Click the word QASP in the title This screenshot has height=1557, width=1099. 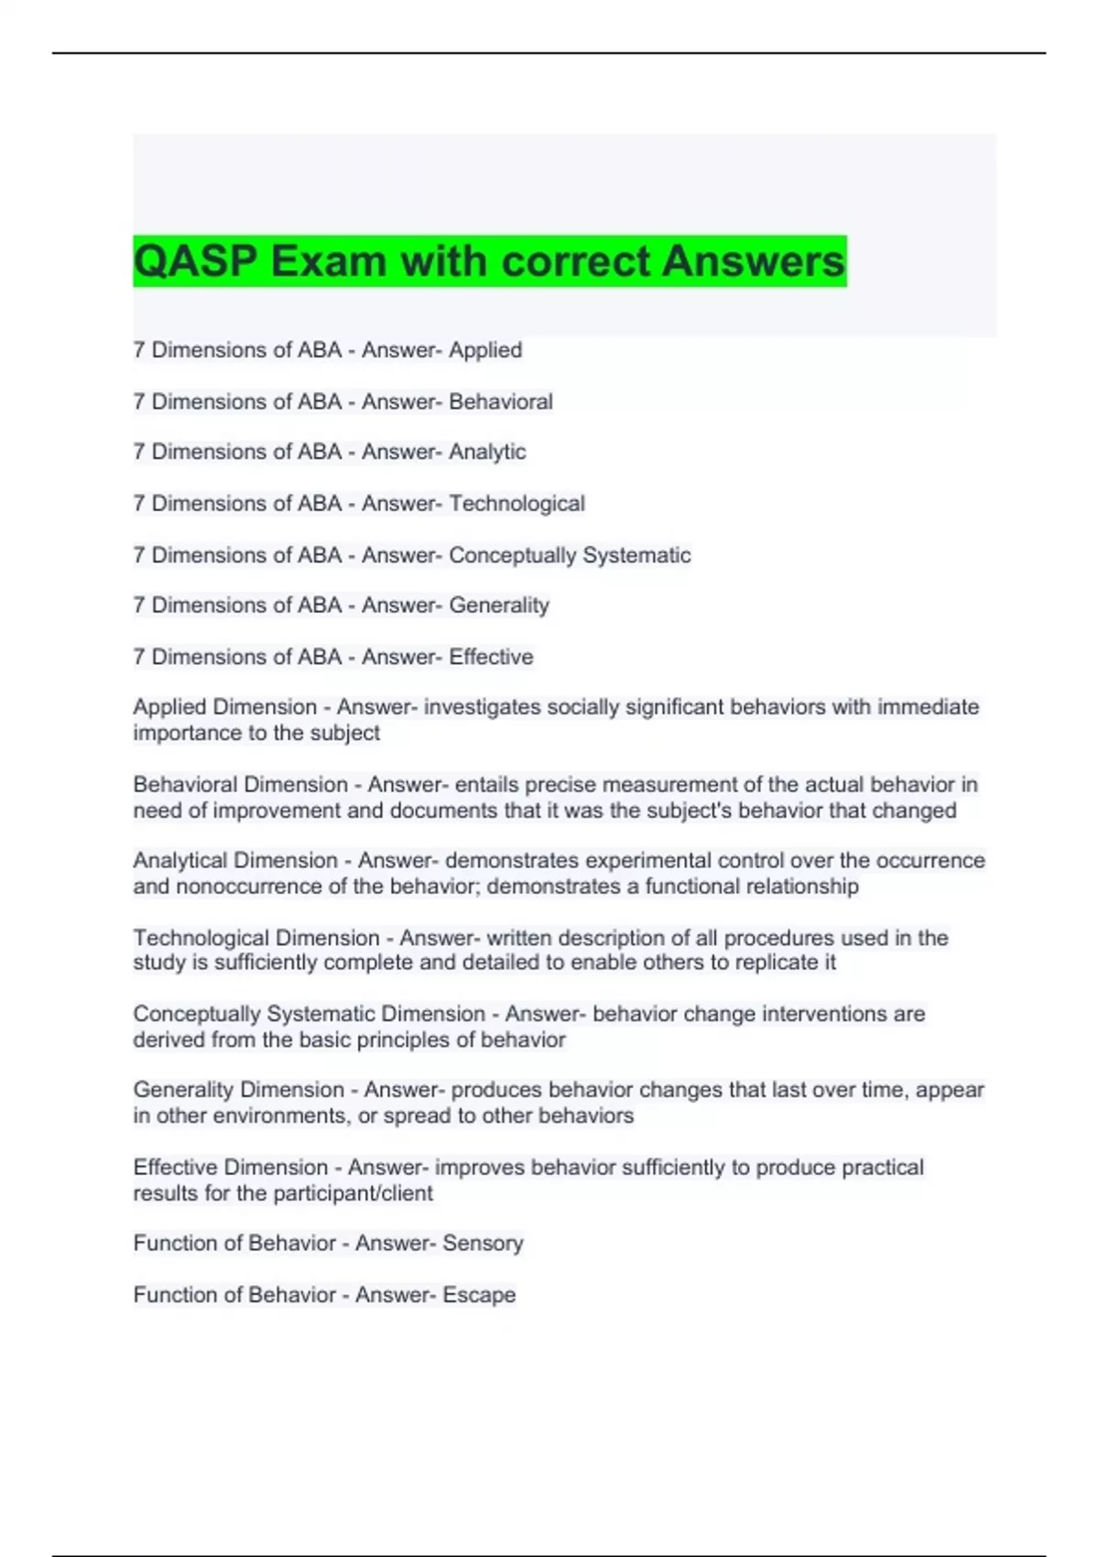coord(195,261)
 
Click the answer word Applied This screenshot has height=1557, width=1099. coord(485,351)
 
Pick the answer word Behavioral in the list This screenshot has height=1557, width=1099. coord(500,402)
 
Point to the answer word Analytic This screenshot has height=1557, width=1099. coord(487,452)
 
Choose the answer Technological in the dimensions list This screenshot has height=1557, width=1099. coord(517,504)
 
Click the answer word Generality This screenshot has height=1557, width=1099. coord(498,605)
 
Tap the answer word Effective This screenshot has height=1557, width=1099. coord(491,657)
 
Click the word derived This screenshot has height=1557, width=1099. coord(169,1040)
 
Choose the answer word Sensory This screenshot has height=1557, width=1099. coord(483,1244)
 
